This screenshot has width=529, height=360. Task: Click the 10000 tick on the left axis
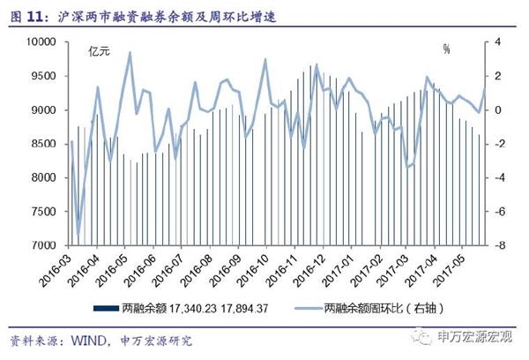click(44, 42)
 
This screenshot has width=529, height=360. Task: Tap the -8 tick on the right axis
click(497, 245)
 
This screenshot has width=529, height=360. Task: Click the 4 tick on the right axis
click(497, 42)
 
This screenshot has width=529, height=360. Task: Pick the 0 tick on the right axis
click(497, 110)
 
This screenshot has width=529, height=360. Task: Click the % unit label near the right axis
click(446, 50)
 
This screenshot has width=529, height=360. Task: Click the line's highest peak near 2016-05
click(130, 53)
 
